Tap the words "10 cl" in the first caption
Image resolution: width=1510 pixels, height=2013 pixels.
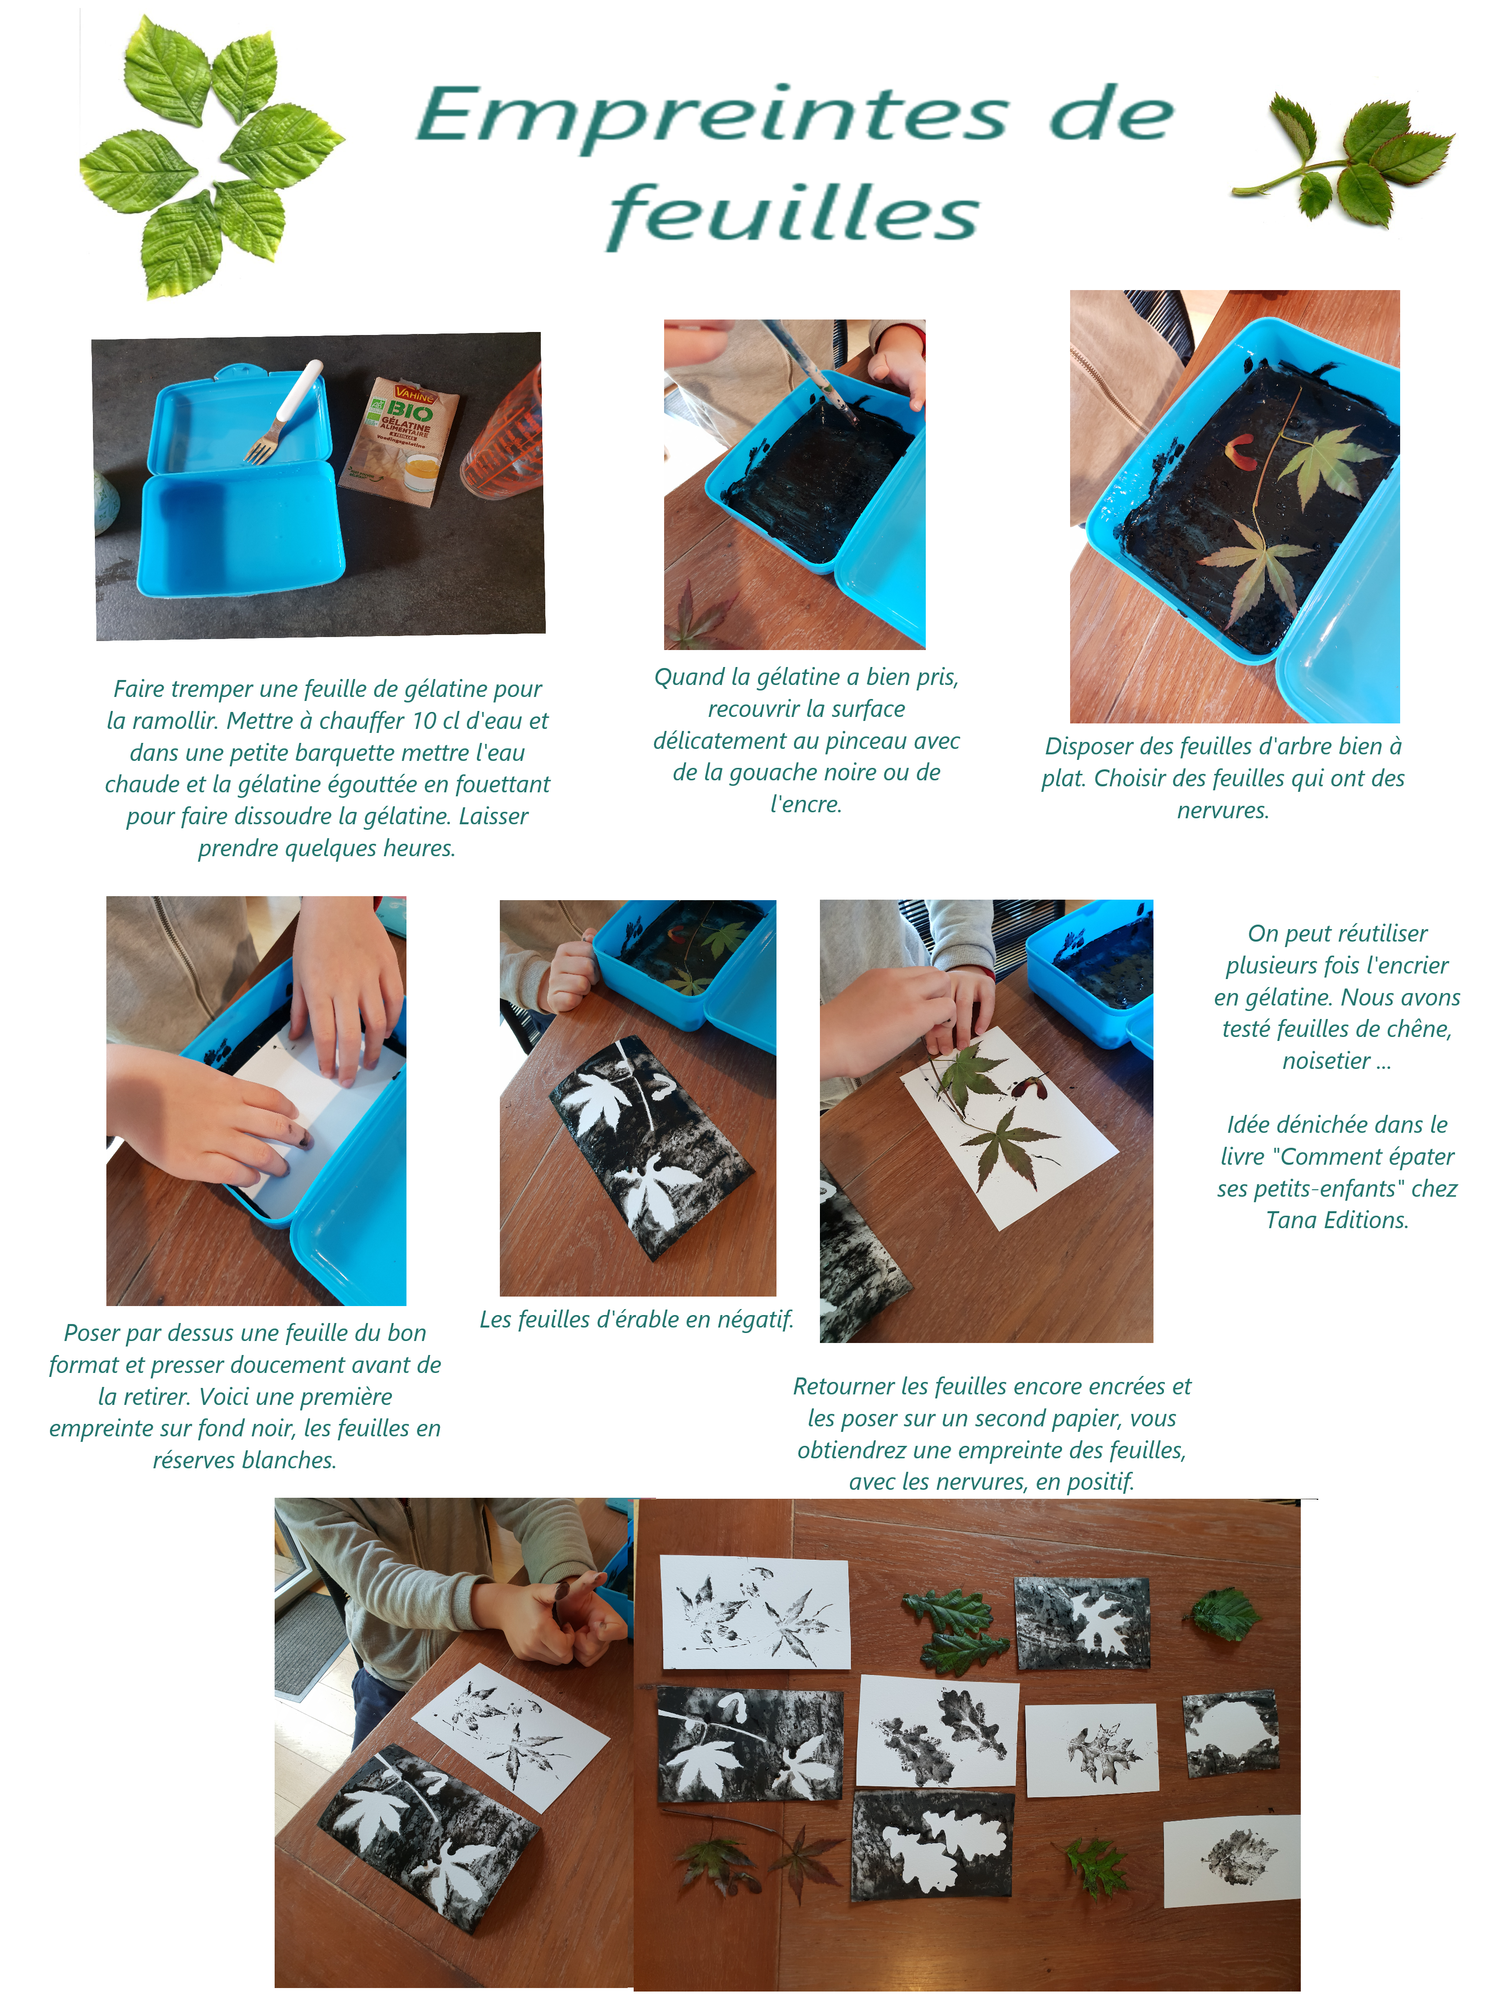439,721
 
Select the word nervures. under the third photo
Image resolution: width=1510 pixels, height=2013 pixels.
1222,810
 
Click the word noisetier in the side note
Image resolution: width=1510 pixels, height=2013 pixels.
1325,1061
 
